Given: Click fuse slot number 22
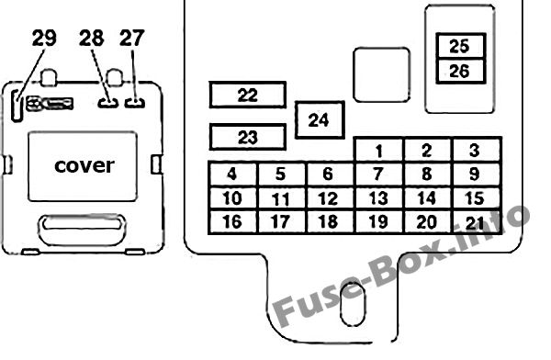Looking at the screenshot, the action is pyautogui.click(x=248, y=95).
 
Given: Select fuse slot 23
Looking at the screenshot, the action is pyautogui.click(x=248, y=137).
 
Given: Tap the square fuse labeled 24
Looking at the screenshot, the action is pyautogui.click(x=320, y=120).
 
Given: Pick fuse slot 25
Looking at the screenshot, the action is pyautogui.click(x=461, y=46).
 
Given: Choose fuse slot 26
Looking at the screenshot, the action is pyautogui.click(x=461, y=72).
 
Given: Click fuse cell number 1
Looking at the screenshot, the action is pyautogui.click(x=378, y=150).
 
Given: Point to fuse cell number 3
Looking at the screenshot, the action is pyautogui.click(x=476, y=150).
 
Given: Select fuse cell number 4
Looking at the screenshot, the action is pyautogui.click(x=233, y=174).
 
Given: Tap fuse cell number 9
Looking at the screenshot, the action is pyautogui.click(x=476, y=174).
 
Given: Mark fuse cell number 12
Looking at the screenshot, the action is pyautogui.click(x=330, y=198).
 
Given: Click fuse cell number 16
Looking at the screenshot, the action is pyautogui.click(x=233, y=222).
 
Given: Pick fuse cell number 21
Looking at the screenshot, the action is pyautogui.click(x=476, y=222).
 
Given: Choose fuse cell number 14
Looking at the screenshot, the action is pyautogui.click(x=427, y=198).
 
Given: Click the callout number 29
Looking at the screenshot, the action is pyautogui.click(x=44, y=38).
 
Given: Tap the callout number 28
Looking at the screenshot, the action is pyautogui.click(x=91, y=38).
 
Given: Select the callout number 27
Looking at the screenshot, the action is pyautogui.click(x=132, y=38).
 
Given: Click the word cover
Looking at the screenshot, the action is pyautogui.click(x=84, y=165).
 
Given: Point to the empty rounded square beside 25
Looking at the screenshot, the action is pyautogui.click(x=382, y=75).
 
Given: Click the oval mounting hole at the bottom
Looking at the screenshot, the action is pyautogui.click(x=353, y=304).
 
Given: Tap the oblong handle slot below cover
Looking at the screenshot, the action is pyautogui.click(x=82, y=230).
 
